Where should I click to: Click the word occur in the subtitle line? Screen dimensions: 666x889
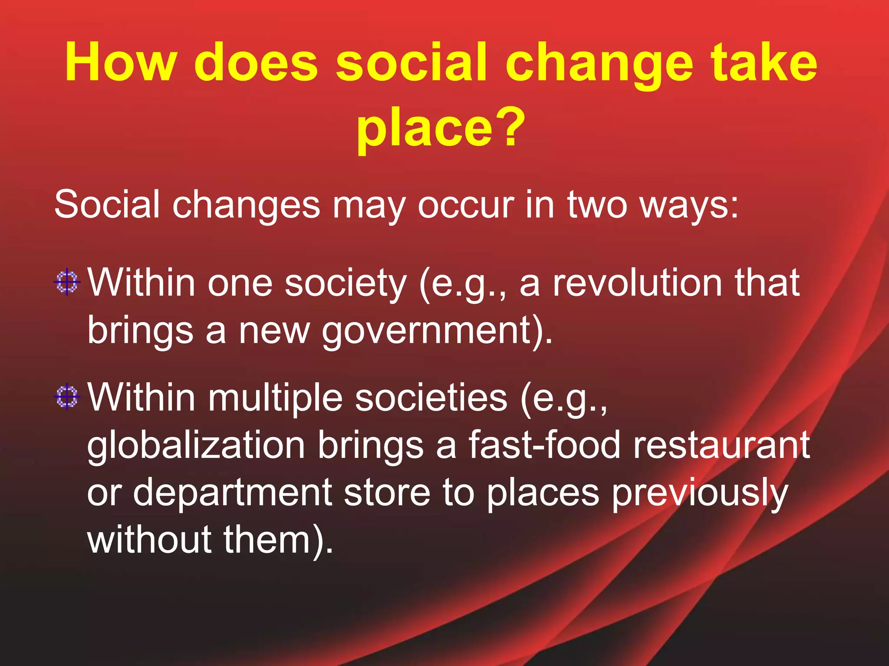pyautogui.click(x=465, y=205)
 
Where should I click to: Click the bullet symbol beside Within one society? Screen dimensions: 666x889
pyautogui.click(x=67, y=282)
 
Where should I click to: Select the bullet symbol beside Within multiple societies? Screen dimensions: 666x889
pyautogui.click(x=67, y=397)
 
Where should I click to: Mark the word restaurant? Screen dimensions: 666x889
pyautogui.click(x=721, y=445)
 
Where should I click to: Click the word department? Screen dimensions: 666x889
pyautogui.click(x=232, y=493)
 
